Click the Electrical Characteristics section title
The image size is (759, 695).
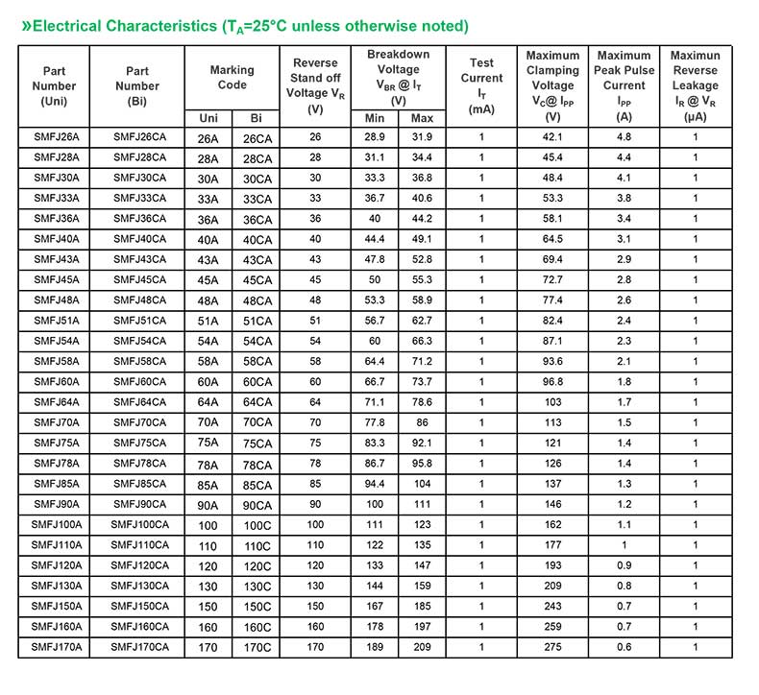[245, 26]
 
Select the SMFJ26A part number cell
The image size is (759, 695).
[55, 136]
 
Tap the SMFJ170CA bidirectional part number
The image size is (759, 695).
[139, 647]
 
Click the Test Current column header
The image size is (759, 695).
[481, 85]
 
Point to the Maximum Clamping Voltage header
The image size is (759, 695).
[552, 85]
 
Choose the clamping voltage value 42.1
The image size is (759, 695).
[552, 136]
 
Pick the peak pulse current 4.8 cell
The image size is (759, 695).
[624, 136]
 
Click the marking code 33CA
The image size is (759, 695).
[257, 199]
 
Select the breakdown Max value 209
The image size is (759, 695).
[422, 647]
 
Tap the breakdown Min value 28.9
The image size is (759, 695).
[375, 136]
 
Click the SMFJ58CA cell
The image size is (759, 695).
[139, 361]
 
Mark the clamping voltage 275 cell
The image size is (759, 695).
[552, 647]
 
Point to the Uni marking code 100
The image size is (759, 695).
[208, 525]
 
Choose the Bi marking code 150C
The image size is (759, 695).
[257, 607]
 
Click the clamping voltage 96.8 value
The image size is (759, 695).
[552, 382]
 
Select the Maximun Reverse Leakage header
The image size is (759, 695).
[695, 85]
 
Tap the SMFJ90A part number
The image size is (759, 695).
[55, 504]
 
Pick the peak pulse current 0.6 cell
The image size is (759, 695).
[624, 647]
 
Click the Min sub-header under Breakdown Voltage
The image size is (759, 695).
[375, 118]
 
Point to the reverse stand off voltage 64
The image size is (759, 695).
[315, 402]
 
